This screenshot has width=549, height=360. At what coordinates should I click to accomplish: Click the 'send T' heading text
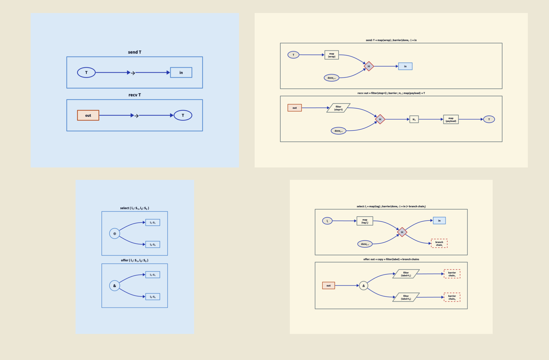pyautogui.click(x=134, y=52)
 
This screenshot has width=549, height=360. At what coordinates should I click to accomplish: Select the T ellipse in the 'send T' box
pyautogui.click(x=86, y=72)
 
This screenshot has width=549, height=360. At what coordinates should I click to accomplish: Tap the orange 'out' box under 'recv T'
pyautogui.click(x=88, y=115)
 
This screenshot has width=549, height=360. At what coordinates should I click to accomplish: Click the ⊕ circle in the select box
pyautogui.click(x=115, y=234)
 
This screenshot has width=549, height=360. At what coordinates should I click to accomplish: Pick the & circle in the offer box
pyautogui.click(x=115, y=286)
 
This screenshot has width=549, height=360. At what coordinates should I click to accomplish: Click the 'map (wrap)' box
pyautogui.click(x=331, y=55)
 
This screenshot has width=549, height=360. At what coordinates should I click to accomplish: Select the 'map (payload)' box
pyautogui.click(x=451, y=120)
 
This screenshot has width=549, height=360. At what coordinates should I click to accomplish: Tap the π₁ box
pyautogui.click(x=414, y=120)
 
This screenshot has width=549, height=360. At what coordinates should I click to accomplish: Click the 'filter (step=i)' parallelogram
pyautogui.click(x=338, y=108)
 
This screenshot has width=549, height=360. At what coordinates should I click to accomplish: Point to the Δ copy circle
pyautogui.click(x=364, y=286)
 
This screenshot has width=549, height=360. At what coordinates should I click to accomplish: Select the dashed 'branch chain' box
pyautogui.click(x=439, y=243)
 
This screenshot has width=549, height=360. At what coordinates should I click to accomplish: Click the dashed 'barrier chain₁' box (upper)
pyautogui.click(x=452, y=274)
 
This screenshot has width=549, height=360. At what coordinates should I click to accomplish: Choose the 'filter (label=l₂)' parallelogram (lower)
pyautogui.click(x=406, y=297)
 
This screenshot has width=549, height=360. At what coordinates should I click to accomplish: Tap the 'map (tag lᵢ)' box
pyautogui.click(x=365, y=221)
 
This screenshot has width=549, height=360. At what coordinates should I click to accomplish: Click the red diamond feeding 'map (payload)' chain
pyautogui.click(x=380, y=119)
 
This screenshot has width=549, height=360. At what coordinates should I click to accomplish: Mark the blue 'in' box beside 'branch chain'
pyautogui.click(x=439, y=221)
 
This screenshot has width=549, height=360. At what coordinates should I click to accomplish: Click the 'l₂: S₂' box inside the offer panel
pyautogui.click(x=152, y=297)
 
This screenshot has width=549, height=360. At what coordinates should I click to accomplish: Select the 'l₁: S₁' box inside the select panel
pyautogui.click(x=152, y=223)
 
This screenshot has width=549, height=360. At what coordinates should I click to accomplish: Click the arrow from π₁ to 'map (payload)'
pyautogui.click(x=431, y=120)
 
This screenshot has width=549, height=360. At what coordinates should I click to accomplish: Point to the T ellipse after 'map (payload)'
pyautogui.click(x=489, y=120)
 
